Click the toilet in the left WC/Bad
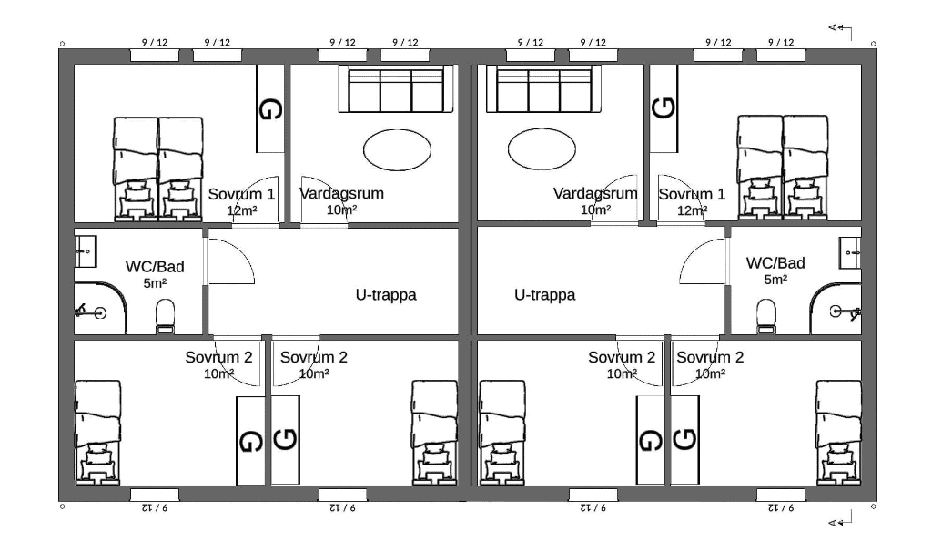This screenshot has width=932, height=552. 165,315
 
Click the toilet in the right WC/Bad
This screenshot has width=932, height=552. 766,315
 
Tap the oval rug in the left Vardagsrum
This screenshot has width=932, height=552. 397,150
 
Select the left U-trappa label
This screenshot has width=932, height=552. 386,295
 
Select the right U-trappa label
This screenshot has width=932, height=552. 544,295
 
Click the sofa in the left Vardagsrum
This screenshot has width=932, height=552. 396,88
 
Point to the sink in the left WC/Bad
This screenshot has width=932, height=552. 86,251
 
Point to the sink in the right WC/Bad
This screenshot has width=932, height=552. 850,251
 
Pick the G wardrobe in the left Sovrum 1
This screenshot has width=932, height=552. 269,108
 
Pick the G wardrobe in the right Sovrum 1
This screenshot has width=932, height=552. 664,108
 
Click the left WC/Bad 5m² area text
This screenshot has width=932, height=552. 155,283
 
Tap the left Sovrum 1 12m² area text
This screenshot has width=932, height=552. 242,210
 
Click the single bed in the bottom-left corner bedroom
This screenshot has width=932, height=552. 98,432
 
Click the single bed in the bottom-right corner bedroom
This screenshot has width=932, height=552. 838,432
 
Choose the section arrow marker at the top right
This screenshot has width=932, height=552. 840,30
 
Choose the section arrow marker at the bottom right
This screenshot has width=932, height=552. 840,520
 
